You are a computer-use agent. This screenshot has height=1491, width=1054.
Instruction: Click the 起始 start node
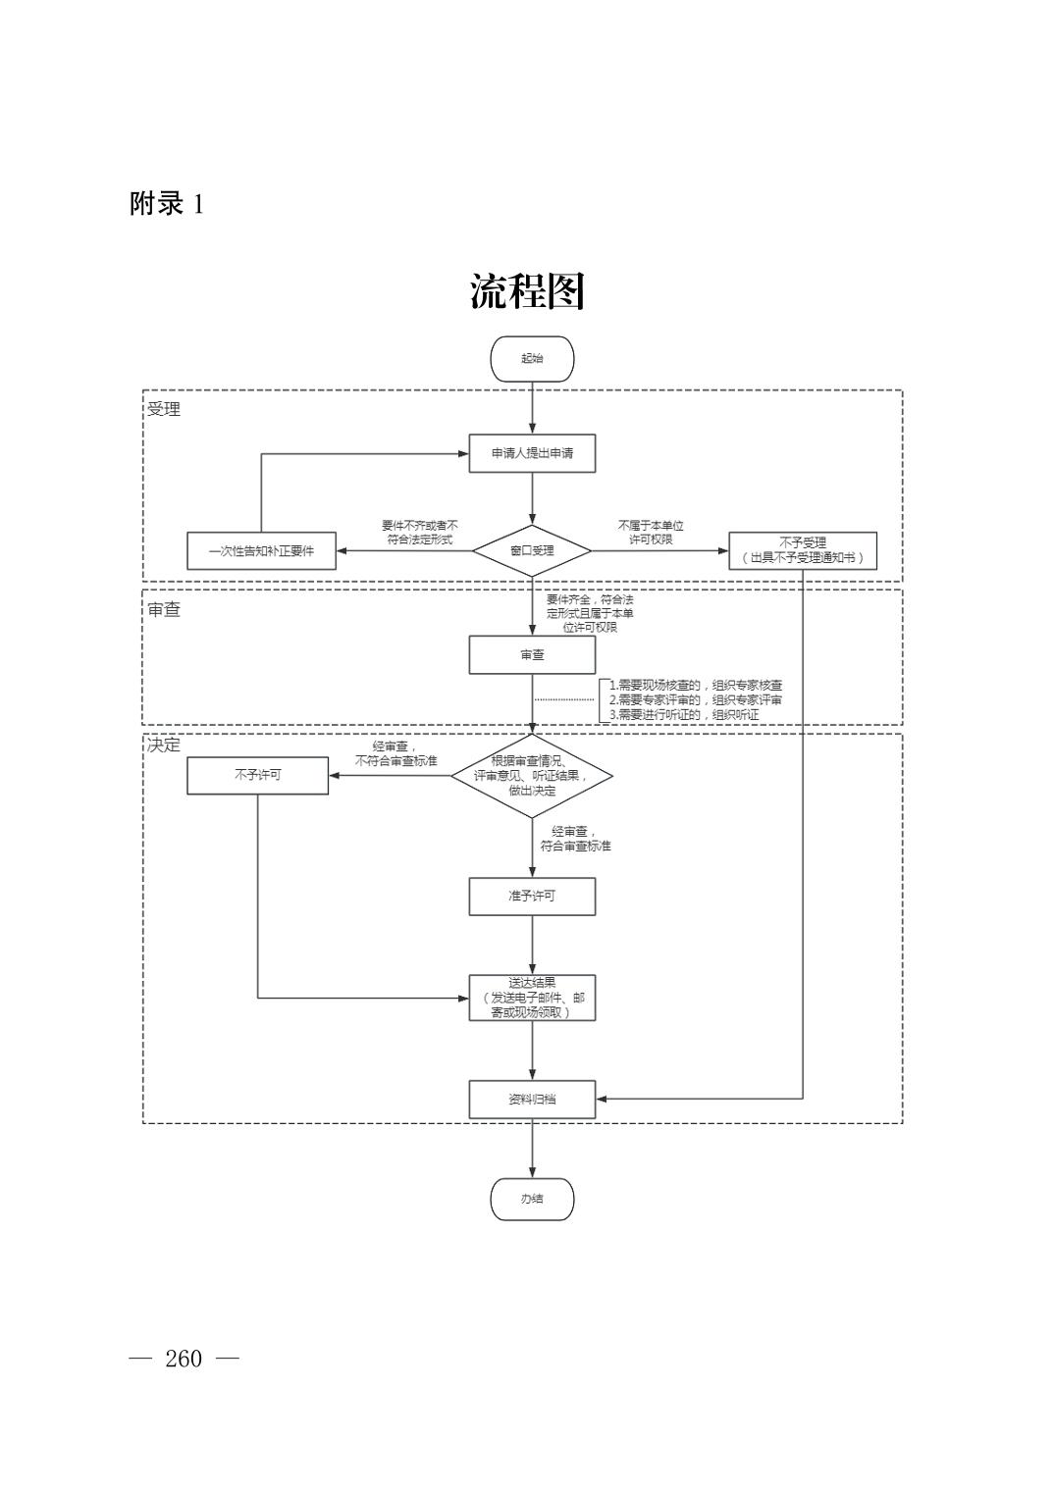point(532,359)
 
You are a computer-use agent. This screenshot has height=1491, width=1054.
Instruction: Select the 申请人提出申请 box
point(532,453)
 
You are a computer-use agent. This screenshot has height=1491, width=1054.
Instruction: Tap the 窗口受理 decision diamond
point(532,550)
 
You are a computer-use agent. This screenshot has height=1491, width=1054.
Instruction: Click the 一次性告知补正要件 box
point(261,551)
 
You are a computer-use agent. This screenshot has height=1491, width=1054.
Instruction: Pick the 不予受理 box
point(802,550)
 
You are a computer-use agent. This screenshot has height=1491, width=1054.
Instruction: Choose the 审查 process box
point(532,655)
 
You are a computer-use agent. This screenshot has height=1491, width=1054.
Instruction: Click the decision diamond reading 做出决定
point(532,776)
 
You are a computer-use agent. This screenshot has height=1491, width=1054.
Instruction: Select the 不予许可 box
point(257,775)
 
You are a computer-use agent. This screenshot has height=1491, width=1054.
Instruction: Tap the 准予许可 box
point(532,897)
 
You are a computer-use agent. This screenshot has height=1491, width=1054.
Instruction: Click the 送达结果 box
point(532,998)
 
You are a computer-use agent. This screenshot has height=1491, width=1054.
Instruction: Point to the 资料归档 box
point(532,1100)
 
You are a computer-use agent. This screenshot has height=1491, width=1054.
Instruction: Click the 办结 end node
point(532,1199)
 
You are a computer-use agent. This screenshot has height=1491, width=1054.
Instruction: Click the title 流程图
point(527,291)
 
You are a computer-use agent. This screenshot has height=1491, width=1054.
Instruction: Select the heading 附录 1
point(167,204)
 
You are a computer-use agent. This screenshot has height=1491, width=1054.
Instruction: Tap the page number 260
point(184,1359)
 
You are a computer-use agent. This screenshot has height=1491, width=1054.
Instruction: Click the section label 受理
point(164,409)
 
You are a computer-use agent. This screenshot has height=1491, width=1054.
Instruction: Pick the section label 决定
point(164,745)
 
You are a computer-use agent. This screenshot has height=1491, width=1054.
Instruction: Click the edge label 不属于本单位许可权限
point(651,533)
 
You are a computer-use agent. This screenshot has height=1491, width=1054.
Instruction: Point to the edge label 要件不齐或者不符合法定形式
point(419,533)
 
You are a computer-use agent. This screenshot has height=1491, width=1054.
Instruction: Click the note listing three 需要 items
point(695,700)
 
